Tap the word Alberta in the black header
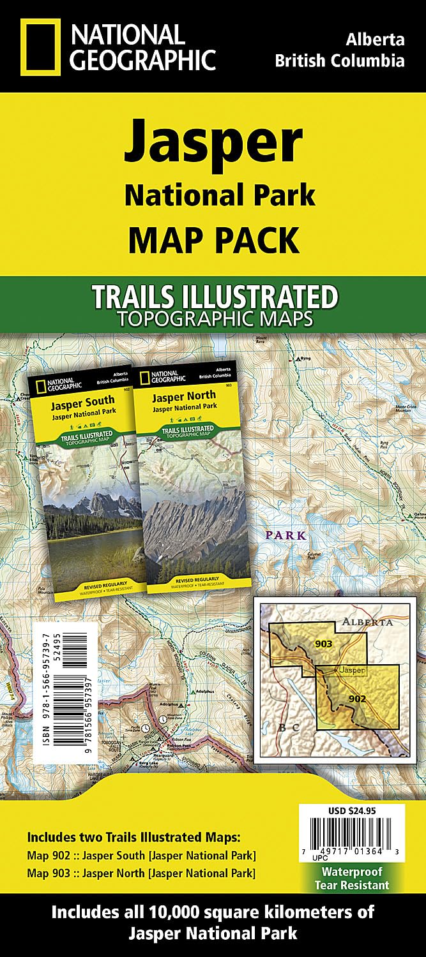[x=376, y=40]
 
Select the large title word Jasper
[x=213, y=141]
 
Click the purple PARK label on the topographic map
[x=287, y=535]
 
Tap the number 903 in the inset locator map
[x=324, y=644]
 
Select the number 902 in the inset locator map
[x=358, y=699]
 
